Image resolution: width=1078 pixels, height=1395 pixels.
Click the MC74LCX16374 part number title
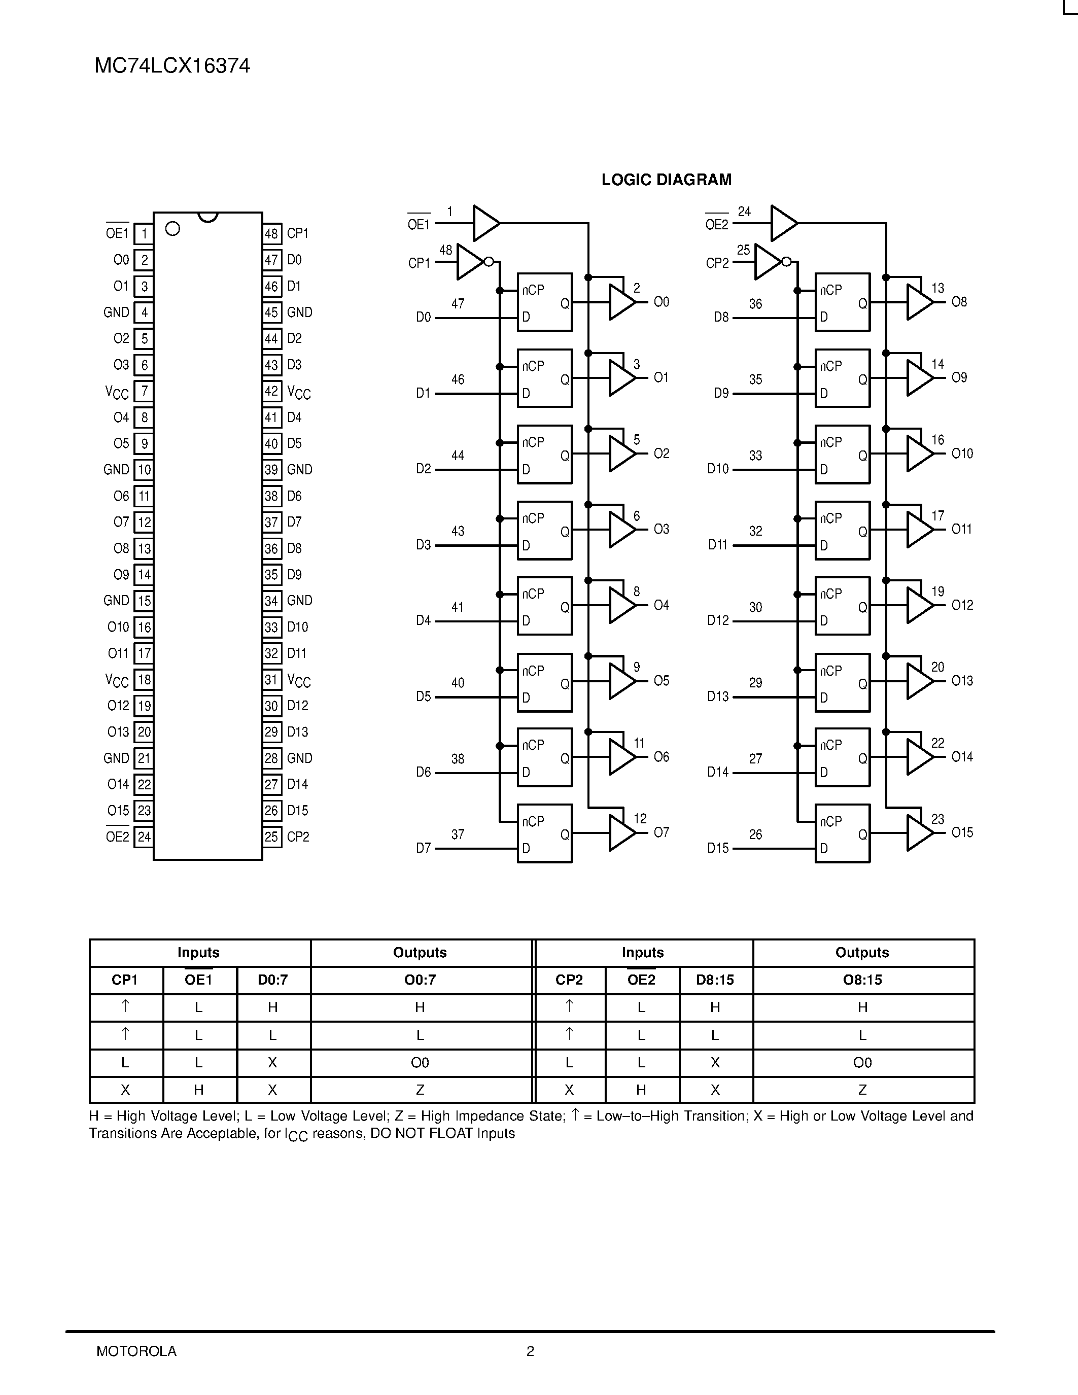tap(172, 66)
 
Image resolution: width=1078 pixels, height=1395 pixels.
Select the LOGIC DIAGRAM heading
tap(666, 180)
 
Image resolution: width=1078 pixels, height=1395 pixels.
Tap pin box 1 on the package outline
tap(144, 234)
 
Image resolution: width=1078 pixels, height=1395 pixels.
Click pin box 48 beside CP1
tap(271, 234)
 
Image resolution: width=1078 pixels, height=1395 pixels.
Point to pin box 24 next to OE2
tap(144, 836)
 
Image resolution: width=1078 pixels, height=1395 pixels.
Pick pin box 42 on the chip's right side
tap(271, 391)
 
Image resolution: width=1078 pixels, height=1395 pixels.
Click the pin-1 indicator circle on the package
tap(172, 229)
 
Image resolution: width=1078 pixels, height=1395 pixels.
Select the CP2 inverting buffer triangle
tap(768, 261)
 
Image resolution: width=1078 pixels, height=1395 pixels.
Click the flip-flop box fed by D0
tap(544, 302)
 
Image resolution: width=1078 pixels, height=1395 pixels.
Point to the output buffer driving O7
tap(621, 833)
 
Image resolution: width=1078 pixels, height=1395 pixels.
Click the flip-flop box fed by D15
tap(842, 833)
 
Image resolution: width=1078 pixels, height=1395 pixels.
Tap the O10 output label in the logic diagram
tap(962, 454)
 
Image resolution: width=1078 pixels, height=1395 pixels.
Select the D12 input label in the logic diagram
tap(718, 620)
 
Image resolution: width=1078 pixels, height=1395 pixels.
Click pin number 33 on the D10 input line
tap(755, 456)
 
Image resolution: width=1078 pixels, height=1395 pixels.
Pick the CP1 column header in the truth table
tap(125, 980)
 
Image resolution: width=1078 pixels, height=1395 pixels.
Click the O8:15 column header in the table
tap(862, 980)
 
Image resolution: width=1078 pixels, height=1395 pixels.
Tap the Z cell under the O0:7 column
tap(420, 1090)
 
